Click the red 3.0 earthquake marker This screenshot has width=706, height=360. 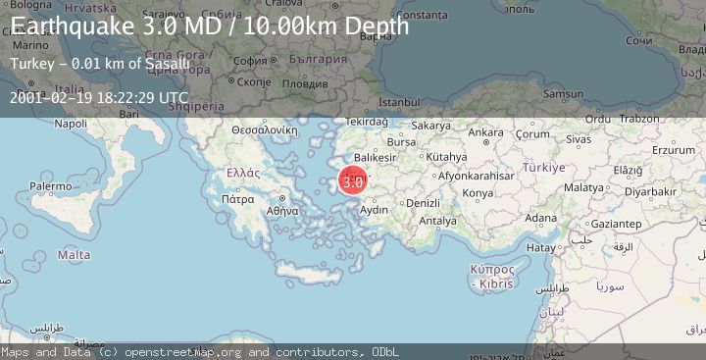(x=354, y=180)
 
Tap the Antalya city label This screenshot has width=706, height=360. (x=437, y=221)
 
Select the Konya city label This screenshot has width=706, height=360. (x=478, y=192)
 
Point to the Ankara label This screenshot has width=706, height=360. (x=484, y=132)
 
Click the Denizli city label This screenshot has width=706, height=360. (x=423, y=203)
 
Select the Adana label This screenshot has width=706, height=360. (x=541, y=218)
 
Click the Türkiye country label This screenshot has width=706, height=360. (x=542, y=168)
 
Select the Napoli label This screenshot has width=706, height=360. (x=71, y=124)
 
